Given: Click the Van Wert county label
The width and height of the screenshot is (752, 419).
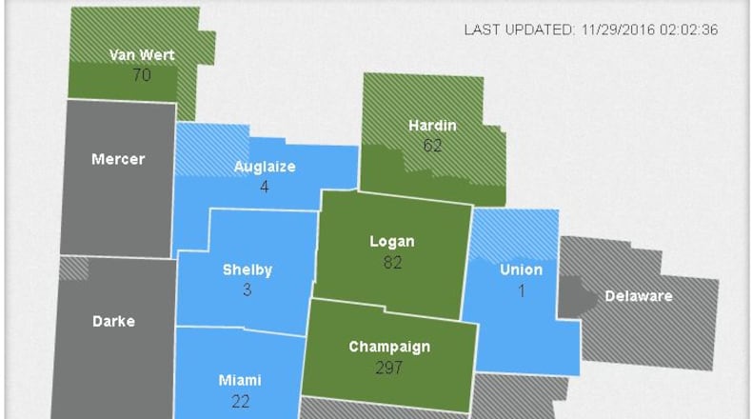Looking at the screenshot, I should [141, 54].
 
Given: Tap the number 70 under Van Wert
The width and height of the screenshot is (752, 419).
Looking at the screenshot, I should [141, 74].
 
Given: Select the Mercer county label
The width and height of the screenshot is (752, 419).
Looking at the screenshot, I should [118, 159].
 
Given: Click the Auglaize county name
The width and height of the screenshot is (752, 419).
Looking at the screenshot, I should [265, 167].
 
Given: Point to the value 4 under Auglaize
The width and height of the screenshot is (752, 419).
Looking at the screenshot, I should [265, 187].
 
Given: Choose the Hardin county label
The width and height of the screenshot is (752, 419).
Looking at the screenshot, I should [432, 125].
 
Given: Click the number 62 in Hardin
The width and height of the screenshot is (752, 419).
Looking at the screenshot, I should [432, 145].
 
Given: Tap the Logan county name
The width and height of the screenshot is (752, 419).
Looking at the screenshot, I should [392, 241].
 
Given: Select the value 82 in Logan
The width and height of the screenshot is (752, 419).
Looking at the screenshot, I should [392, 262].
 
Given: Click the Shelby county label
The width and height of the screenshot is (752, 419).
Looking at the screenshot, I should [247, 269].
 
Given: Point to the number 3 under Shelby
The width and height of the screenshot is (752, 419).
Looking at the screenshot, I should [247, 289].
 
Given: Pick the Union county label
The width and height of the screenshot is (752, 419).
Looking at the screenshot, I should [521, 269].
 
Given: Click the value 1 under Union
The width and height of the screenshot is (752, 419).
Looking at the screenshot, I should [522, 289].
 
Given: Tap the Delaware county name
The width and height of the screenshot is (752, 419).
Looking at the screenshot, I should [638, 295].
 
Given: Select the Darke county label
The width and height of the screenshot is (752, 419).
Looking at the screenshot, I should [113, 321].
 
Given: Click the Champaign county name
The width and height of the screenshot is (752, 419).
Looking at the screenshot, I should [390, 347].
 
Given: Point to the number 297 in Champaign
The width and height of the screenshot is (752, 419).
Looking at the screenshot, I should [390, 367].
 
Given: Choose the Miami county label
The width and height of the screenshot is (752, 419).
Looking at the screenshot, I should [240, 380].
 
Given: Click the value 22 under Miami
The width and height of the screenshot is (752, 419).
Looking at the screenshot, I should [240, 401].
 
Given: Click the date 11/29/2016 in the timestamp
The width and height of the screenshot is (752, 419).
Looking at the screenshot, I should [618, 30].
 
